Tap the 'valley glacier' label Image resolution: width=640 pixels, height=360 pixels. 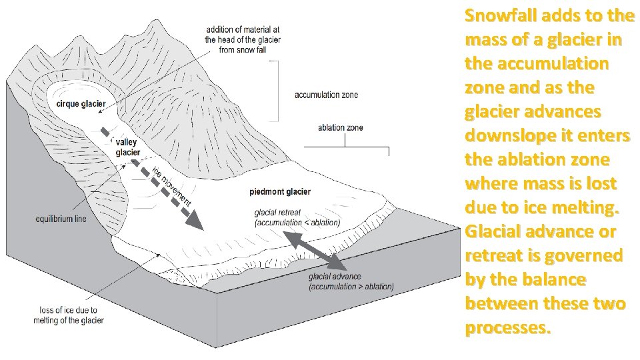point(127,147)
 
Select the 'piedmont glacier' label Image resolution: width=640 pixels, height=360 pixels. point(280,192)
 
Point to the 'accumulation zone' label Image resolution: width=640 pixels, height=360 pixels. point(326,95)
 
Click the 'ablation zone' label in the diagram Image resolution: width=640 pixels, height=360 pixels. point(341,127)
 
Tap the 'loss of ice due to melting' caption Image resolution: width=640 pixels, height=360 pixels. point(69,315)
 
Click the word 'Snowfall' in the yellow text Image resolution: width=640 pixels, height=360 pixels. point(497,14)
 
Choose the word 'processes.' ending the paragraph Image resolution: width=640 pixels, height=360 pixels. point(509,328)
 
